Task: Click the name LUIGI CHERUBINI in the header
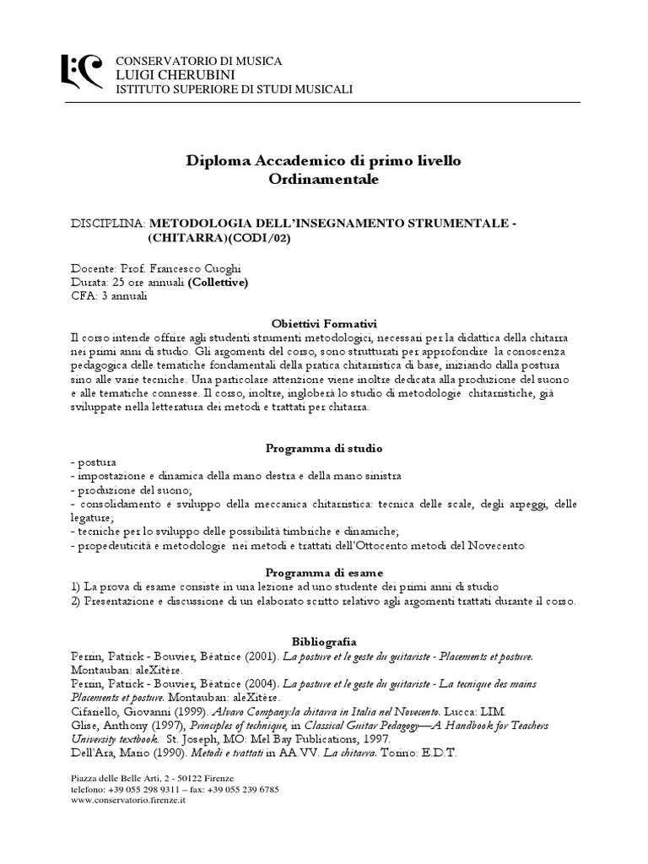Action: click(x=168, y=74)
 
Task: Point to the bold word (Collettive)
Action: click(x=218, y=282)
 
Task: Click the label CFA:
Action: click(x=84, y=296)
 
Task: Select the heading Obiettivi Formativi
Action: click(x=324, y=324)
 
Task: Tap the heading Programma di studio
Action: click(x=324, y=448)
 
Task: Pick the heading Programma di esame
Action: click(x=324, y=571)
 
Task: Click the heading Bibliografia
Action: click(x=324, y=640)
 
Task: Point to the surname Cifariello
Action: click(x=95, y=711)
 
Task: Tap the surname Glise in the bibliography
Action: click(x=84, y=725)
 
